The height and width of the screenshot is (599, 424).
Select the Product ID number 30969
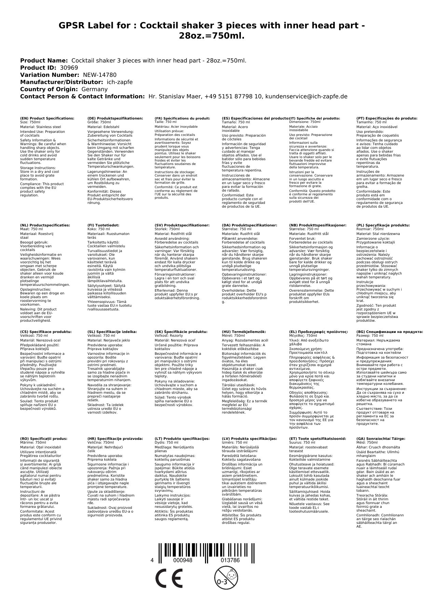pos(69,68)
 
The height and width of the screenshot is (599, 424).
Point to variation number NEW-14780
pos(99,75)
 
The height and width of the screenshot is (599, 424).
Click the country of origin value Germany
pos(94,89)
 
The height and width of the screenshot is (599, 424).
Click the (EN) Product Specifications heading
pos(47,118)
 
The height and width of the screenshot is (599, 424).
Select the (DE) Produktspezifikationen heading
pos(115,118)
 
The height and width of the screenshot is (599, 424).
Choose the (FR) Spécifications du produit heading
pos(182,118)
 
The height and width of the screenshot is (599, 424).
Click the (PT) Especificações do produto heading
pos(387,118)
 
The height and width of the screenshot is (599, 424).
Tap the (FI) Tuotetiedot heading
pos(103,225)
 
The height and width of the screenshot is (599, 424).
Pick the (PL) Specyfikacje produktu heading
pos(383,225)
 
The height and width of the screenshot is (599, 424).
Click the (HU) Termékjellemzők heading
pos(244,332)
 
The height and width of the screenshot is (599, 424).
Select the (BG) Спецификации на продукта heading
pos(389,332)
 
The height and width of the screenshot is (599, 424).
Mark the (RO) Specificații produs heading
pos(44,438)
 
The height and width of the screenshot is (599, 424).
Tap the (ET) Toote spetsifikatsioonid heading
pos(317,438)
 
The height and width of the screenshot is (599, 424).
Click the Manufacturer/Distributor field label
pos(61,82)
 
